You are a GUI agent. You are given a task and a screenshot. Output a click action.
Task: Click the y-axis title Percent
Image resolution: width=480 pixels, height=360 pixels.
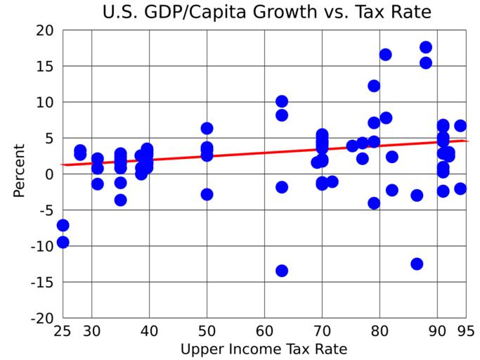coord(19,171)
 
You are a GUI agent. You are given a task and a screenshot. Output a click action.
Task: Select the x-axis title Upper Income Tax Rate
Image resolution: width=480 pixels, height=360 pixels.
coord(264,349)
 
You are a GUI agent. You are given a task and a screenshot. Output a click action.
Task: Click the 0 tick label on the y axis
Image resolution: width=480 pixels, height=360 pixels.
coord(49,174)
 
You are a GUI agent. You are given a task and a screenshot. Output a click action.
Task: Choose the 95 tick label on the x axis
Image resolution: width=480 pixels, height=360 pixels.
coord(465,331)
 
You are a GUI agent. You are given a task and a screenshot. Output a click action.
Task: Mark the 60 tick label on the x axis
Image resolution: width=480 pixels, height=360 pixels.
coord(264,331)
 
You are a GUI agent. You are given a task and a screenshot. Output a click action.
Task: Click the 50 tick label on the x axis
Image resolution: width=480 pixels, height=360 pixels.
coord(207,331)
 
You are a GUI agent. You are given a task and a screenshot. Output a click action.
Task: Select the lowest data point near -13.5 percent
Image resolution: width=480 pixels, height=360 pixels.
coord(282,271)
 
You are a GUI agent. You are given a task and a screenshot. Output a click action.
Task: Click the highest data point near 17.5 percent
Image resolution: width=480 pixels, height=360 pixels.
coord(426,47)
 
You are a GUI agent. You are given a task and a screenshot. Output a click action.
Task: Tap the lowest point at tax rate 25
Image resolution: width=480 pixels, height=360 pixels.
coord(63,242)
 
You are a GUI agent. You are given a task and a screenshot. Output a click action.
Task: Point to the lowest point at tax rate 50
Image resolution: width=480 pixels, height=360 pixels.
coord(207,194)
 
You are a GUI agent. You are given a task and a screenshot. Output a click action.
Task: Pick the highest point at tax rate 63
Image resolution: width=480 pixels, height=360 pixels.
coord(282,101)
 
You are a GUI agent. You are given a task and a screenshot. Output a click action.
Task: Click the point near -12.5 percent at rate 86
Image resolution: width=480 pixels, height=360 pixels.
coord(417,264)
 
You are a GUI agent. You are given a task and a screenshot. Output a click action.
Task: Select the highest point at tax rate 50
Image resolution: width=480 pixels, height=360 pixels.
coord(207,128)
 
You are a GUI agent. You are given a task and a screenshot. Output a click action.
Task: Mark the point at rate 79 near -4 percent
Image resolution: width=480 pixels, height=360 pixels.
coord(374,203)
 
